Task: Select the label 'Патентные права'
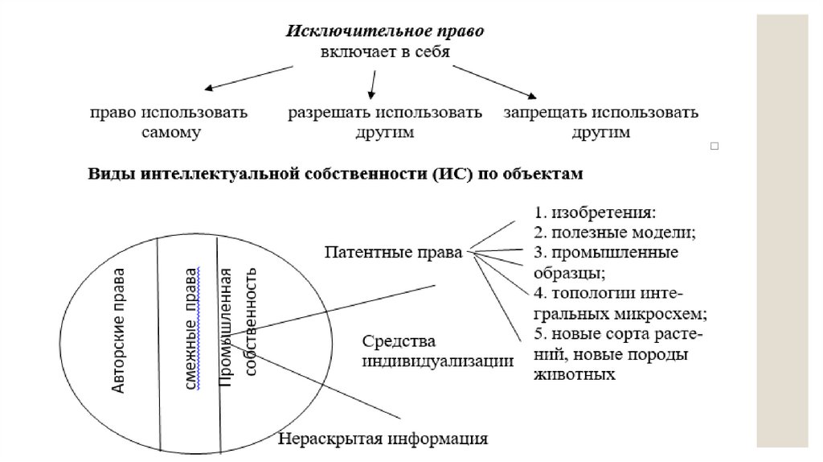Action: pos(393,252)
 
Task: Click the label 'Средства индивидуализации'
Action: pos(437,350)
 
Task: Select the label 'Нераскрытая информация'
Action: pos(383,439)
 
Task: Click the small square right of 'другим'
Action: pos(714,146)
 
